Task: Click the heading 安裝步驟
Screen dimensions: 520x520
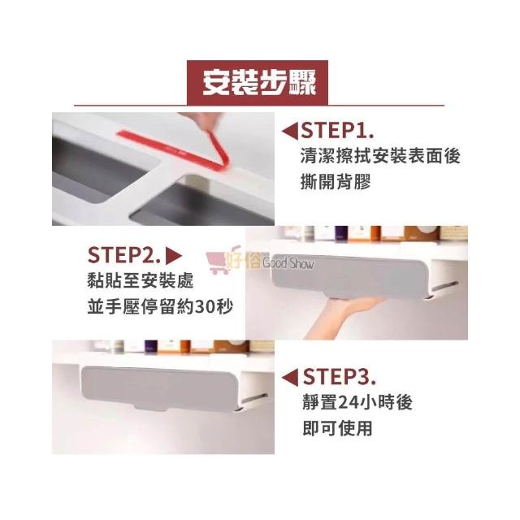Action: point(259,83)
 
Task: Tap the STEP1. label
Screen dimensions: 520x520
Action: point(337,131)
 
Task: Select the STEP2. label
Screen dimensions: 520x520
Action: point(124,255)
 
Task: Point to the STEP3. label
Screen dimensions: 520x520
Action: point(340,376)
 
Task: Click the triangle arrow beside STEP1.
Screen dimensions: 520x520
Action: point(290,131)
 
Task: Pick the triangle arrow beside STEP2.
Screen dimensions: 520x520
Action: point(173,256)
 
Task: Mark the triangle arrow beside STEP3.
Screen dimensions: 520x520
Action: point(290,377)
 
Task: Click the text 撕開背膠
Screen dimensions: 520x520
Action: point(335,181)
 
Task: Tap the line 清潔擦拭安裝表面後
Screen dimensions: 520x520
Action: point(380,156)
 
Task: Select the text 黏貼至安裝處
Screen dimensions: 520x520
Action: point(141,281)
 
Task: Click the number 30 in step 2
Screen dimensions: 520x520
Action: point(206,307)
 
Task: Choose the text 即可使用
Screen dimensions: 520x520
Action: point(337,428)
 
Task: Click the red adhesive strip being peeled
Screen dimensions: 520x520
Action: point(186,148)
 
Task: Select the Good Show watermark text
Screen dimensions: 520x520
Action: point(288,263)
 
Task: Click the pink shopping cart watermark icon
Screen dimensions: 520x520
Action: point(219,262)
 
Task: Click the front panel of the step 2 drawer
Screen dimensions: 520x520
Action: point(349,274)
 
